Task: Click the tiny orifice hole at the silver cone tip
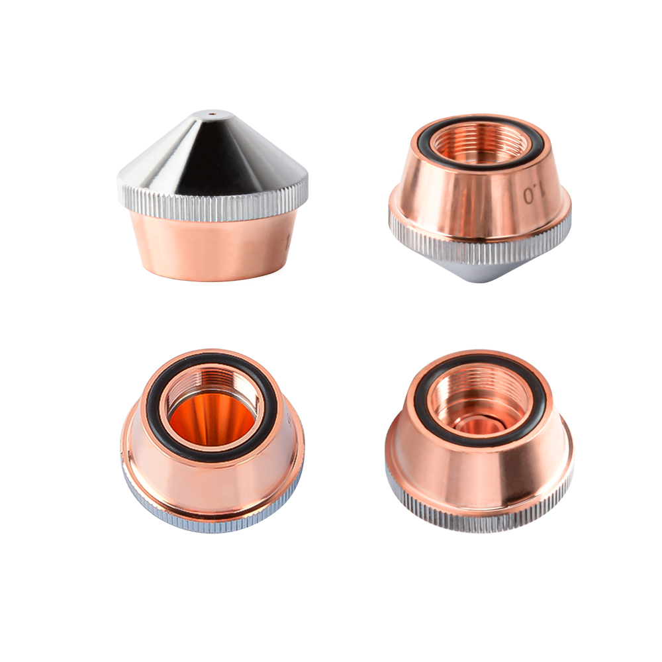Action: (213, 113)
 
